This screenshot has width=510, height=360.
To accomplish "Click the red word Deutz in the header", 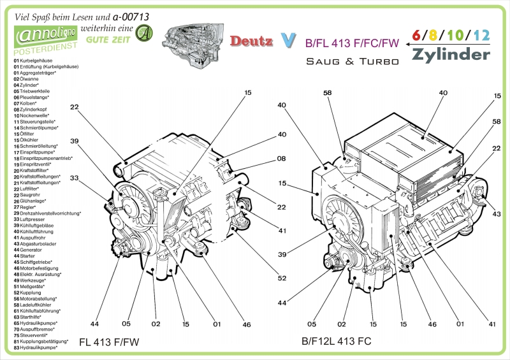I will pyautogui.click(x=251, y=41).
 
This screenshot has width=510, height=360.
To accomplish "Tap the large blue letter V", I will pyautogui.click(x=289, y=41).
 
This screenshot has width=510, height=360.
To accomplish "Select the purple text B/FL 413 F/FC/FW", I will pyautogui.click(x=352, y=43).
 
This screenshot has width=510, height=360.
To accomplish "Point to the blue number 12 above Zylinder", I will pyautogui.click(x=481, y=36).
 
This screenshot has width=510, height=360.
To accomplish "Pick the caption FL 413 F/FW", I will pyautogui.click(x=108, y=342).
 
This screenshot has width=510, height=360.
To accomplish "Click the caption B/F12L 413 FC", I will pyautogui.click(x=336, y=341).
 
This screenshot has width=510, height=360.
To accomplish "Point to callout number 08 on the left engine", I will pyautogui.click(x=281, y=159).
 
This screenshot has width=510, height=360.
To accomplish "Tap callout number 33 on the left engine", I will pyautogui.click(x=74, y=178).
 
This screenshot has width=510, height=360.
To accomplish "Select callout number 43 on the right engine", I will pyautogui.click(x=497, y=213).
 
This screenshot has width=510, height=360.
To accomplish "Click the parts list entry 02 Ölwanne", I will pyautogui.click(x=29, y=78).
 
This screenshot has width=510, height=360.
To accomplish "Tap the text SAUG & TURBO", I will pyautogui.click(x=352, y=62).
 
